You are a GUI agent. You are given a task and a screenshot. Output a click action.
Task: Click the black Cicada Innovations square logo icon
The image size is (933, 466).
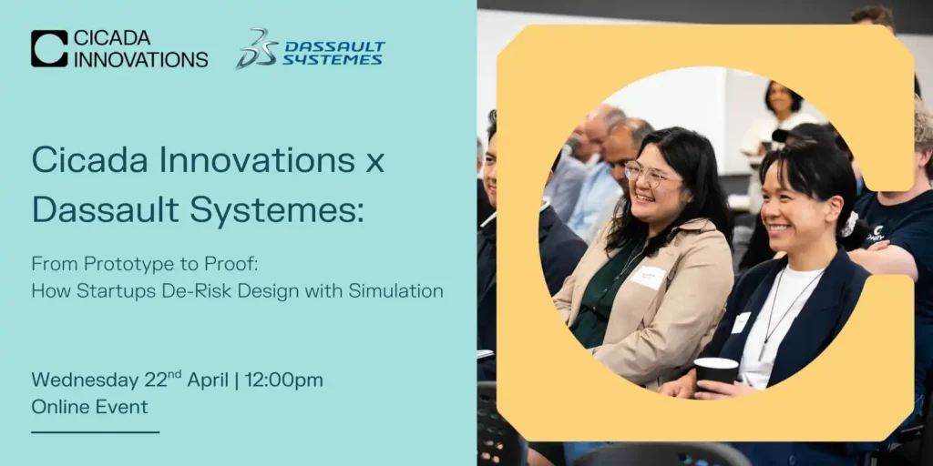coord(49,48)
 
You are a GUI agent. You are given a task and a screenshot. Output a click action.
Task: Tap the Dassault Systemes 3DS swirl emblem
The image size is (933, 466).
coord(256,49)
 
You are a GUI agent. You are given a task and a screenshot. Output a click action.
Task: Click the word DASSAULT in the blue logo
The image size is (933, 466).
coord(334,46)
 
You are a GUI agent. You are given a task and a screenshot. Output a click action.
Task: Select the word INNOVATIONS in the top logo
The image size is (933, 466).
coord(141,59)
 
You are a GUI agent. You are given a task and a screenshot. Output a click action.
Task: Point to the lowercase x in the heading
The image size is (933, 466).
coord(374,162)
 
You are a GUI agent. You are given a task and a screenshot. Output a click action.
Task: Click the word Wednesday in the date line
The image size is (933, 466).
coord(85,380)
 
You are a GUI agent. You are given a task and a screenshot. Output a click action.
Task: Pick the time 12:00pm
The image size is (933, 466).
coord(283,380)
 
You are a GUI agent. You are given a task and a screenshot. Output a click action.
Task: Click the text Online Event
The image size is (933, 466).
coord(90,407)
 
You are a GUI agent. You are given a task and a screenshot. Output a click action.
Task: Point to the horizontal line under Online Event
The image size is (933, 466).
coord(95,432)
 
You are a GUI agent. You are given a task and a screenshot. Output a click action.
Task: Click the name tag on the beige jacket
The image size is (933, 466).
coord(648,277)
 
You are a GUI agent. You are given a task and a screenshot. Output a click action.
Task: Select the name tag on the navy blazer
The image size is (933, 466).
coord(742,323)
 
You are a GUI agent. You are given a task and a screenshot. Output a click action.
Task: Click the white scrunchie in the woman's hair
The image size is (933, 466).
coord(849,224)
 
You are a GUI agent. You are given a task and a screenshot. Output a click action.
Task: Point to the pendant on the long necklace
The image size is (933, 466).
coord(763,352)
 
